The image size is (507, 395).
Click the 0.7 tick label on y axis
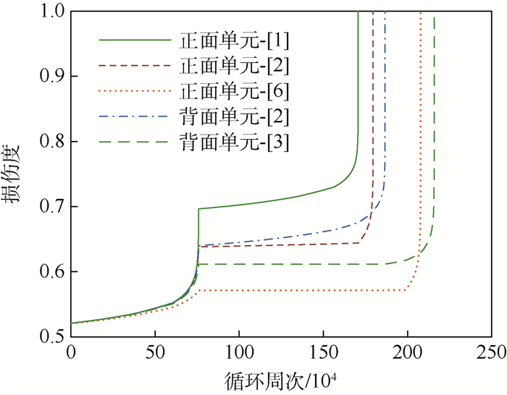click(x=51, y=207)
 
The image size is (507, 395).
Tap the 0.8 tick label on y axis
click(x=51, y=142)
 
